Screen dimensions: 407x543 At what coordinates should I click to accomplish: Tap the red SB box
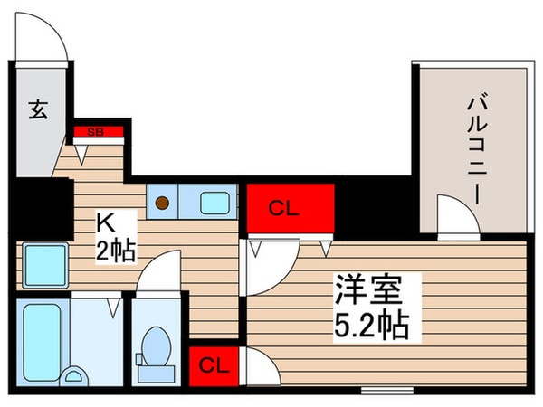coord(93,133)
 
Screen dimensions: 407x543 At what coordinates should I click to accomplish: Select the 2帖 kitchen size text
coord(116,249)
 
